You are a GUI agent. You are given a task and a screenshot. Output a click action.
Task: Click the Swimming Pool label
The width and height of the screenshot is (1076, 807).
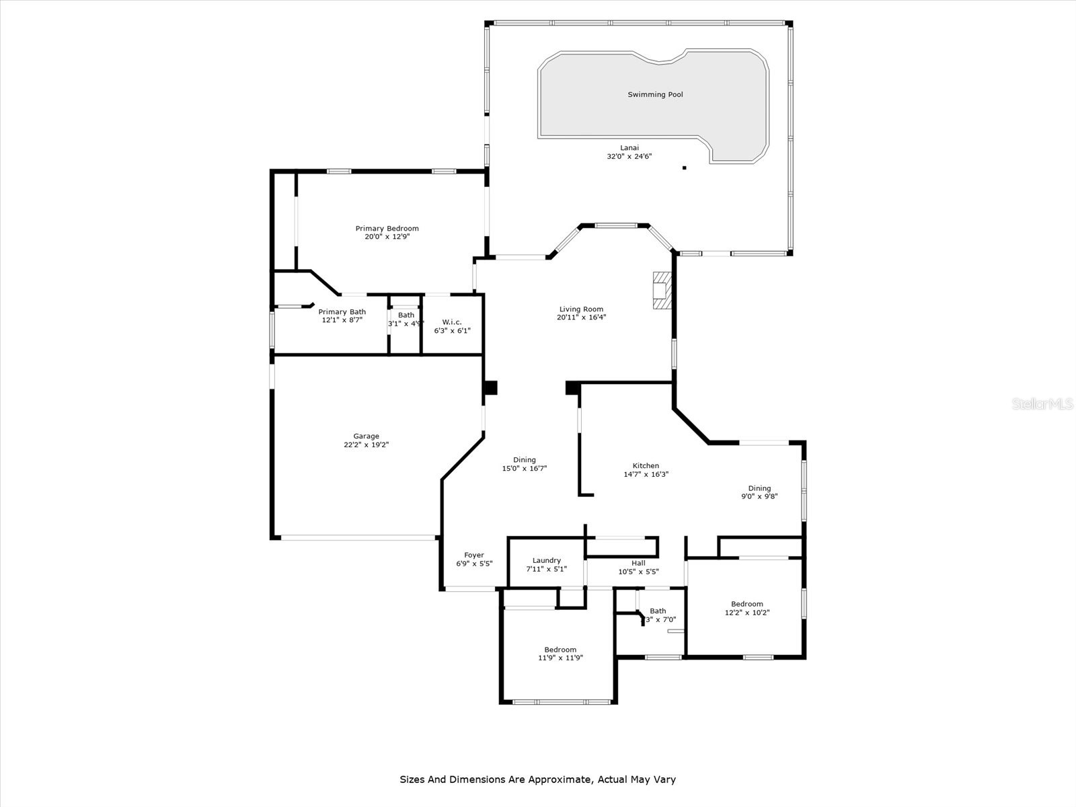point(655,95)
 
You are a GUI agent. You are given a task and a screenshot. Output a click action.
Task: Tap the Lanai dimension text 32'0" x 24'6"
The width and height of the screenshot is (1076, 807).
point(629,157)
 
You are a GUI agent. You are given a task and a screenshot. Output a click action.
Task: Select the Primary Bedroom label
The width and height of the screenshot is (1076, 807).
point(387,229)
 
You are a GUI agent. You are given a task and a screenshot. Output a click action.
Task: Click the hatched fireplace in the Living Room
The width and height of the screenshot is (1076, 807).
point(662,290)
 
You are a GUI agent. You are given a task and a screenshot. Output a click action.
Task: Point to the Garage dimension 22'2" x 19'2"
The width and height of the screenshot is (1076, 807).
point(366,445)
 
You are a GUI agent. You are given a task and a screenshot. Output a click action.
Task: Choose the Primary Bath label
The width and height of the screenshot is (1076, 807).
point(342,312)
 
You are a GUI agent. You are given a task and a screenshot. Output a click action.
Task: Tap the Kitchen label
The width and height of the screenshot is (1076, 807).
point(646,466)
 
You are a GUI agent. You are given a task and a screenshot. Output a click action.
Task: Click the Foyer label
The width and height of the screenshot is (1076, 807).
point(474,555)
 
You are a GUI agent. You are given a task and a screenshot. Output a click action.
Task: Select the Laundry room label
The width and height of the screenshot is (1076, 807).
point(546,560)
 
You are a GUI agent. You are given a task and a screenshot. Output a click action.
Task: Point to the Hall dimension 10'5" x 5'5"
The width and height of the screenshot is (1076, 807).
point(638,572)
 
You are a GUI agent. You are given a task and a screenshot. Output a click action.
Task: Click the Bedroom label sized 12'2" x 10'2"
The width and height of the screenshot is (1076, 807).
point(746,604)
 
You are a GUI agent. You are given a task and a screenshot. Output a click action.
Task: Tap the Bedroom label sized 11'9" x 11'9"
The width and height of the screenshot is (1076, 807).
point(560,650)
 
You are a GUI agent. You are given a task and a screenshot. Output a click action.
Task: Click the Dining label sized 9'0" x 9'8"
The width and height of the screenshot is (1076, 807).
point(759,489)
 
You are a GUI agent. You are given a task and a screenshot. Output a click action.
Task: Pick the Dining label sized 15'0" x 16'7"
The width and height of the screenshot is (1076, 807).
point(525,460)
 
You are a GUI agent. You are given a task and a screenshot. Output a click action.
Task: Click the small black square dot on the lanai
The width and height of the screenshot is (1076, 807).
point(685,167)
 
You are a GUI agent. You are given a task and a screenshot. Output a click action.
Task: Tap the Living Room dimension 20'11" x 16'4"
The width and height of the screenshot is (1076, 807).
point(582,317)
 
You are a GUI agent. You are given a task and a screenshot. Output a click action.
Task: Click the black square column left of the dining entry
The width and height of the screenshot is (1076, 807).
point(491,388)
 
